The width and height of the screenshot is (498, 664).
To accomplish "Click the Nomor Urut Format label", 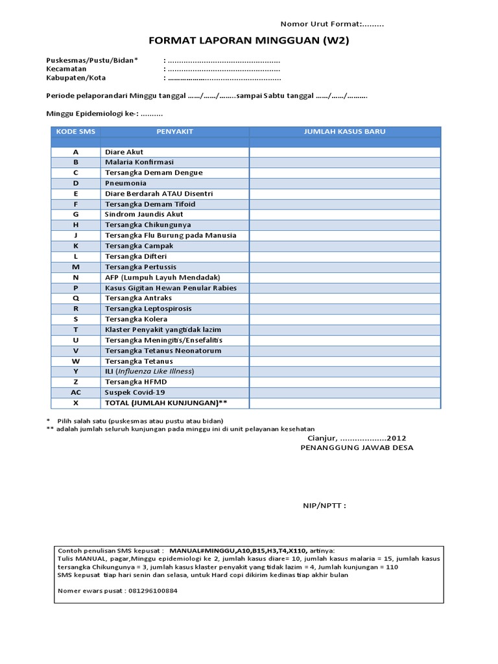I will point(320,24).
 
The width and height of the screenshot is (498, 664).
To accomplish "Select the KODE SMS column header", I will point(76,132).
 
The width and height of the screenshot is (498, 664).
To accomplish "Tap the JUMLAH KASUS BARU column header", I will point(344,132).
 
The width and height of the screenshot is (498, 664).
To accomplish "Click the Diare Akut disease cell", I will point(124,152).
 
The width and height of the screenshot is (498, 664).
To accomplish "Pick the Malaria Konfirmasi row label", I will point(139,162).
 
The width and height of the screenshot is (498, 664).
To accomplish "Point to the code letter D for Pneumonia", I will point(76,183).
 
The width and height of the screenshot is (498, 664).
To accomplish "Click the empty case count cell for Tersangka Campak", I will point(344,246).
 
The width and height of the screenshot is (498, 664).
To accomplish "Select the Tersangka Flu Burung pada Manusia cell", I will point(171,235).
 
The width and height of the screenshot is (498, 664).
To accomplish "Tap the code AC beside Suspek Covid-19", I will point(76,392).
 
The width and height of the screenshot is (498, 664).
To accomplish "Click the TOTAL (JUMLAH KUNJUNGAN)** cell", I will point(166,403).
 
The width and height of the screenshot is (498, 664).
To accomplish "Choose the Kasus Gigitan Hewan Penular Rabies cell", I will point(171,288).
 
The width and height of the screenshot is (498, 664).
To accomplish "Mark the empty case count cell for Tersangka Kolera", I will point(344,319).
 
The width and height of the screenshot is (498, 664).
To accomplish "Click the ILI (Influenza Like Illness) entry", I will point(150,372).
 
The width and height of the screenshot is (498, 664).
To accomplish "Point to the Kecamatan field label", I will point(66,69).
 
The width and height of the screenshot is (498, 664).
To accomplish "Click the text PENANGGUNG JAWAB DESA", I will point(357,448).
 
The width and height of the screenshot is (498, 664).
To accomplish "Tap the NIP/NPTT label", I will point(324,505).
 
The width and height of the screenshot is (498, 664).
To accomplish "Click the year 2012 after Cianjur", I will point(397,438).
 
